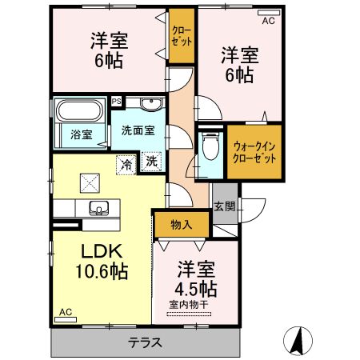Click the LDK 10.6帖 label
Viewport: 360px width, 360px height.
[101, 261]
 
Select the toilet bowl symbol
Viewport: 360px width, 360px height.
[210, 147]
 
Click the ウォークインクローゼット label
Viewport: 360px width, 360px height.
[255, 152]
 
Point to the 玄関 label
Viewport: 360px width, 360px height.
[225, 206]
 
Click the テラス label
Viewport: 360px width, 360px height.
[146, 343]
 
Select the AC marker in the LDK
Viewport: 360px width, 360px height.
[65, 312]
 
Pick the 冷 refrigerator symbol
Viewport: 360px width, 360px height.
[126, 163]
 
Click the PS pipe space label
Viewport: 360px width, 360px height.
[117, 102]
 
